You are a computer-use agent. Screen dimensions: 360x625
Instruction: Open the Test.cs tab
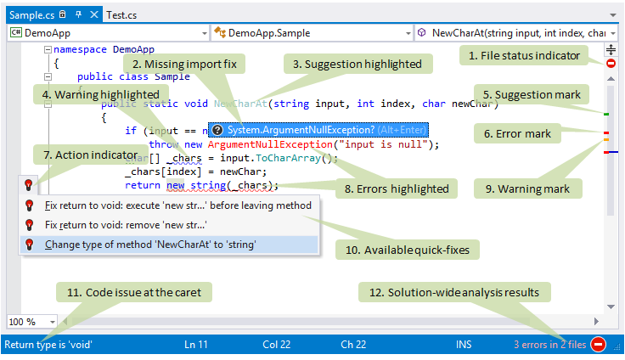coord(121,15)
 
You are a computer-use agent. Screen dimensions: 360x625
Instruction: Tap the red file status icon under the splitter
coord(611,64)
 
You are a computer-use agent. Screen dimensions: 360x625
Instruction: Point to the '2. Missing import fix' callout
coord(186,64)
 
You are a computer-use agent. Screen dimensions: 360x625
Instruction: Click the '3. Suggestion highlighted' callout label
coord(357,64)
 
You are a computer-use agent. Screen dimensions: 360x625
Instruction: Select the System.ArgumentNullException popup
coord(318,130)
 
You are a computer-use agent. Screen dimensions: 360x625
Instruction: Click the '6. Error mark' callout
coord(517,133)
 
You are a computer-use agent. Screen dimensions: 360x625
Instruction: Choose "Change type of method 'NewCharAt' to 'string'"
coord(151,245)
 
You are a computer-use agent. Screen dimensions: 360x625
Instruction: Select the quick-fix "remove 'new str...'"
coord(126,225)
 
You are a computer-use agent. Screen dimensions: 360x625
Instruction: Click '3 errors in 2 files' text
coord(549,345)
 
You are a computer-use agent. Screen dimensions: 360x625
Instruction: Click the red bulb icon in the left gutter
coord(28,183)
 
